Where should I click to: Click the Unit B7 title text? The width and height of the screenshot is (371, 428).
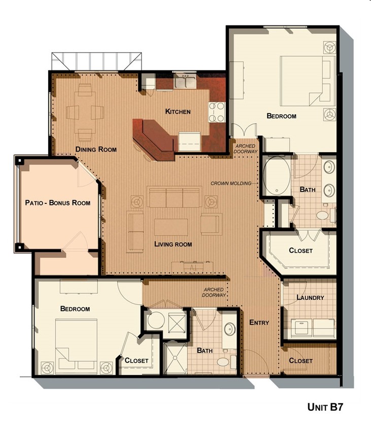click(327, 406)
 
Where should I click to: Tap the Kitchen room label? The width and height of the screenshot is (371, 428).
click(178, 112)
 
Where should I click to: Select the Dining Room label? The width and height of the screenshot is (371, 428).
click(96, 149)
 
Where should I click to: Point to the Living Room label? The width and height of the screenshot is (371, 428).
click(173, 244)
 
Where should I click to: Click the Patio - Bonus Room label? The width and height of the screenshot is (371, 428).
click(58, 203)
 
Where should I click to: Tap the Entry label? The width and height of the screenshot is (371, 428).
click(259, 323)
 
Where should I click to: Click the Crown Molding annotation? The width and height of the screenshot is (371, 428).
click(231, 183)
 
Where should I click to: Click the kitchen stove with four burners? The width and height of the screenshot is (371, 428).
click(217, 112)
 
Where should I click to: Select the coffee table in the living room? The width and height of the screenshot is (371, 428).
click(171, 226)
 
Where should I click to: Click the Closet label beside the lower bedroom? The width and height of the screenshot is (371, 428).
click(137, 361)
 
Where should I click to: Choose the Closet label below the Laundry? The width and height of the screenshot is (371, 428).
click(300, 361)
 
